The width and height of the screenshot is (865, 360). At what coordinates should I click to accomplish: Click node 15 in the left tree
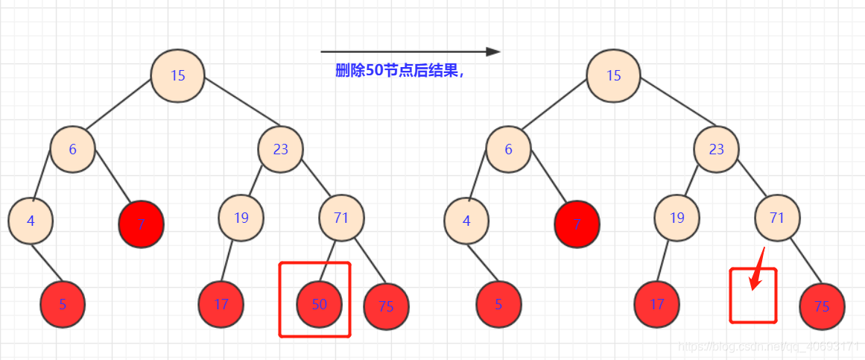177,75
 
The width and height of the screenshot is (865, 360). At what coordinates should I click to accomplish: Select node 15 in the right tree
613,75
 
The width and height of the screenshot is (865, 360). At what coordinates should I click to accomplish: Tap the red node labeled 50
319,304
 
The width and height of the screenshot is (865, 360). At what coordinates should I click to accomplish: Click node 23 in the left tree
280,149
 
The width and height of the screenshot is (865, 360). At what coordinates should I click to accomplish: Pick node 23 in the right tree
716,149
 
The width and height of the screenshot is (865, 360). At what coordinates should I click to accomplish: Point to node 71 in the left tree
341,218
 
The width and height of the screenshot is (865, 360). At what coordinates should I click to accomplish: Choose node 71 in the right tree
777,218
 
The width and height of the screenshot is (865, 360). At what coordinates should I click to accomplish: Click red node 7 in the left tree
141,223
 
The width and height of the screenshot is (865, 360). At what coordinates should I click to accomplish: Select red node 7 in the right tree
577,223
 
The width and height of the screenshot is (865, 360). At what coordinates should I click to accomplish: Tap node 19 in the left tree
241,218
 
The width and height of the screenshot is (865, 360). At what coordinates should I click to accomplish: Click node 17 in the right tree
656,304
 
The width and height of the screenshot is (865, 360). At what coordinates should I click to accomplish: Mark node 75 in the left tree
386,306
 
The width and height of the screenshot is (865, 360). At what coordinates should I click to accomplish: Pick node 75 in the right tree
822,306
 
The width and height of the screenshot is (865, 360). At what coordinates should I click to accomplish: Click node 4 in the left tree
31,221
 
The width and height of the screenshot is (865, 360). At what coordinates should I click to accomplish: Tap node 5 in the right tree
498,304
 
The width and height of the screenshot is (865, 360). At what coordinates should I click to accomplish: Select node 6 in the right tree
508,149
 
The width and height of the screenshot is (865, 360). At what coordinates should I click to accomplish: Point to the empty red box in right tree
752,296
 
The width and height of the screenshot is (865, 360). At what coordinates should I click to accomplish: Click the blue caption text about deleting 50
399,72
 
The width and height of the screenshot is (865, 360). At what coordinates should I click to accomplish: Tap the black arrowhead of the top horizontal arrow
492,51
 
